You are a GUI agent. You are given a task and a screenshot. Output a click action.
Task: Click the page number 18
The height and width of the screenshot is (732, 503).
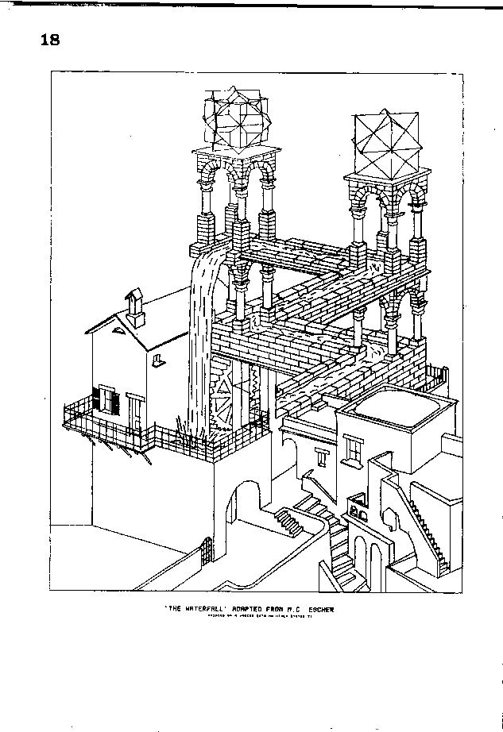coord(49,40)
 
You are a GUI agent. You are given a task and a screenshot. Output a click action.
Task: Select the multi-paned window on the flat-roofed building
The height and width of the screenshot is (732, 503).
coord(354,450)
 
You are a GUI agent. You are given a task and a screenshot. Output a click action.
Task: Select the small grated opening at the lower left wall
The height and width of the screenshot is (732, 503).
coord(209,549)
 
